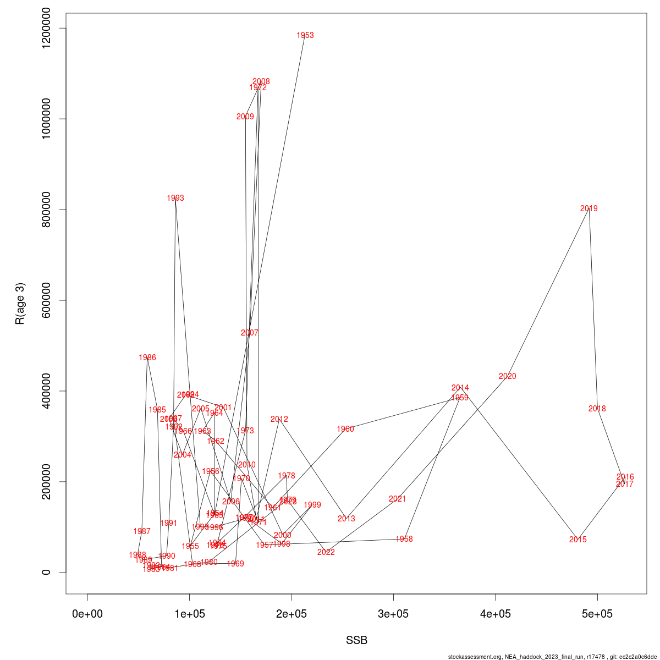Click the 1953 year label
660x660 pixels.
tap(305, 35)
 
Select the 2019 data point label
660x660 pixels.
tap(588, 208)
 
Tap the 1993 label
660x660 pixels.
tap(175, 198)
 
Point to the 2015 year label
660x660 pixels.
tap(577, 540)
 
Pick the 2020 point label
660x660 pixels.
tap(507, 376)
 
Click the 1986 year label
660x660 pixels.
tap(147, 358)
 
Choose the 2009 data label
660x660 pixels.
tap(245, 117)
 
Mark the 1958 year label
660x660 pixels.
tap(404, 539)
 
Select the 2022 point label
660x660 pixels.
tap(326, 552)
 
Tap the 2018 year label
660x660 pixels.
tap(597, 409)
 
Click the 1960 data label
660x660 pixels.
tap(345, 429)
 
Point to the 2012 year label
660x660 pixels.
tap(279, 419)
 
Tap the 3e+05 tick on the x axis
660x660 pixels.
tap(393, 614)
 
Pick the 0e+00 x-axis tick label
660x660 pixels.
tap(87, 614)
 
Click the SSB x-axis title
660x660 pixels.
tap(356, 640)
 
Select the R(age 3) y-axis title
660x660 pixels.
tap(20, 304)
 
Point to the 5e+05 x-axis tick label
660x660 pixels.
tap(597, 614)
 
